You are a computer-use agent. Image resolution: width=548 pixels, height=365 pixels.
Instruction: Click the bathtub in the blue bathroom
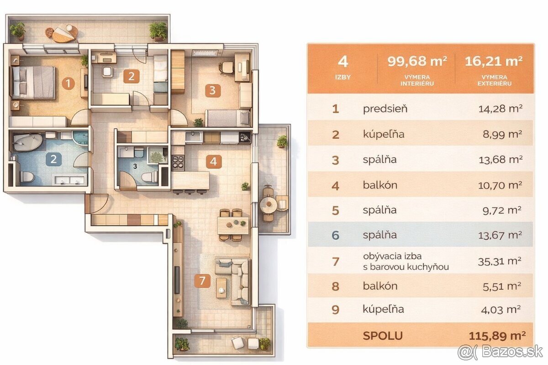[x=27, y=142]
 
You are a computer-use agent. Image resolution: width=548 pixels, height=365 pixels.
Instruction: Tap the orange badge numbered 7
[x=202, y=281]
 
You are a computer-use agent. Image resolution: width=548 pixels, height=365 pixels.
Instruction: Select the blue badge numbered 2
[x=53, y=159]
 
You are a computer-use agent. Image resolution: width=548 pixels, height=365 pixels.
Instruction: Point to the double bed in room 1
[x=32, y=83]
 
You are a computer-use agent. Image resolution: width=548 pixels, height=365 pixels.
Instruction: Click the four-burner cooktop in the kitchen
[x=178, y=162]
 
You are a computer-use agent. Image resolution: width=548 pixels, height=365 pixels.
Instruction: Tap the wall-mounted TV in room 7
[x=177, y=280]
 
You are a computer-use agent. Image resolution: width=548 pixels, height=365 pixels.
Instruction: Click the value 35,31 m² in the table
[x=500, y=261]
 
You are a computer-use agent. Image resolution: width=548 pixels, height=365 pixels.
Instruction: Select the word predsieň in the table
[x=385, y=109]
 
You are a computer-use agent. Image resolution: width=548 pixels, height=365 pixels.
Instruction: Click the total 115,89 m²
[x=497, y=336]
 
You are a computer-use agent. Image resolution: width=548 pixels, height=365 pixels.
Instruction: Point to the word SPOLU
[x=383, y=336]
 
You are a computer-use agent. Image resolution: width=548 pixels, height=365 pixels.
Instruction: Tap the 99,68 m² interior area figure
[x=417, y=61]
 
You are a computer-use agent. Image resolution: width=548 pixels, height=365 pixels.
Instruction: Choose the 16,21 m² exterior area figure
[x=494, y=61]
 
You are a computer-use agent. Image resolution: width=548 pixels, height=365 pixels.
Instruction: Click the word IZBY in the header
[x=343, y=77]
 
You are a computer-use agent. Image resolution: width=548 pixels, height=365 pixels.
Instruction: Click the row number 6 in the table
[x=335, y=235]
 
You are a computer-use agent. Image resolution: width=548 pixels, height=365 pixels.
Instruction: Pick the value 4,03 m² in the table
[x=501, y=310]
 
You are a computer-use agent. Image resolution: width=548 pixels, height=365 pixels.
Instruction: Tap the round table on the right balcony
[x=269, y=205]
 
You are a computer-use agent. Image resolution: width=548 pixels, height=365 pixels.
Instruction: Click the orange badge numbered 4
[x=214, y=162]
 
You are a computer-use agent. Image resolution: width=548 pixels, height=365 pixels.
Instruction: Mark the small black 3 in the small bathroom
[x=135, y=167]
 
